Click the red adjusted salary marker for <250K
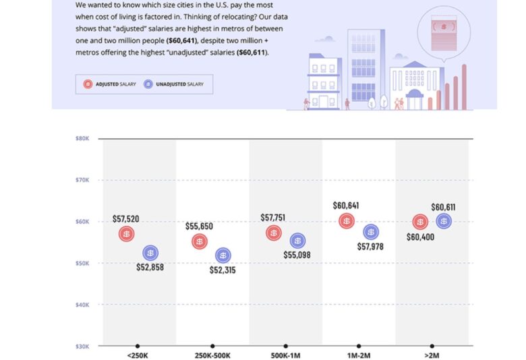point(126,234)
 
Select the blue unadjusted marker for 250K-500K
point(223,256)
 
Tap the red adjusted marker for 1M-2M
point(347,220)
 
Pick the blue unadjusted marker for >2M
point(444,220)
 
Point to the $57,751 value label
point(273,218)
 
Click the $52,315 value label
point(223,270)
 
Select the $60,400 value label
point(420,237)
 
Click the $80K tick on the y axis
point(83,138)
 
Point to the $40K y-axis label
point(83,305)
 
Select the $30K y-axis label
point(83,346)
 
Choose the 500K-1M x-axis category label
point(286,355)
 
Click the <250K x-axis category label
point(138,355)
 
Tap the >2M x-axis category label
point(432,355)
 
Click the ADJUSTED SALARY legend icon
point(88,84)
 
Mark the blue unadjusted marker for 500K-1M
point(297,241)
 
